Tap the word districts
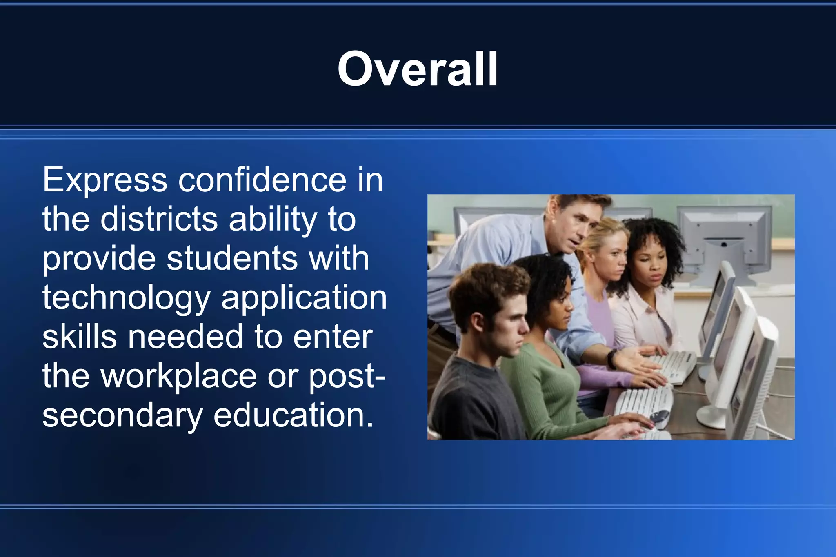(159, 219)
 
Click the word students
(232, 258)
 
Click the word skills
(80, 337)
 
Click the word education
(293, 415)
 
